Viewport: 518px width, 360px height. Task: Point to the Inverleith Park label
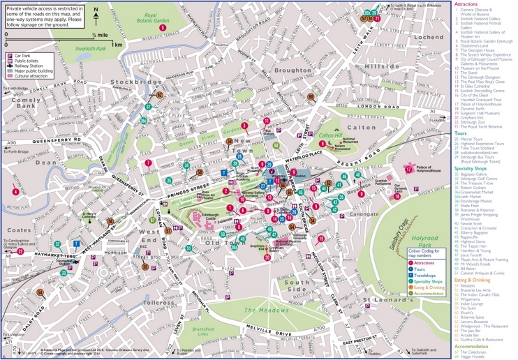click(x=91, y=49)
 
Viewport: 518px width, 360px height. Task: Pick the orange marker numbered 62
click(x=160, y=95)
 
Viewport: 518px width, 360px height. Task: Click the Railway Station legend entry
click(x=26, y=66)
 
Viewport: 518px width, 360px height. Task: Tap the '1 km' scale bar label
click(x=117, y=44)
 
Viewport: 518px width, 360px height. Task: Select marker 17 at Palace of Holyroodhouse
click(x=408, y=170)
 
